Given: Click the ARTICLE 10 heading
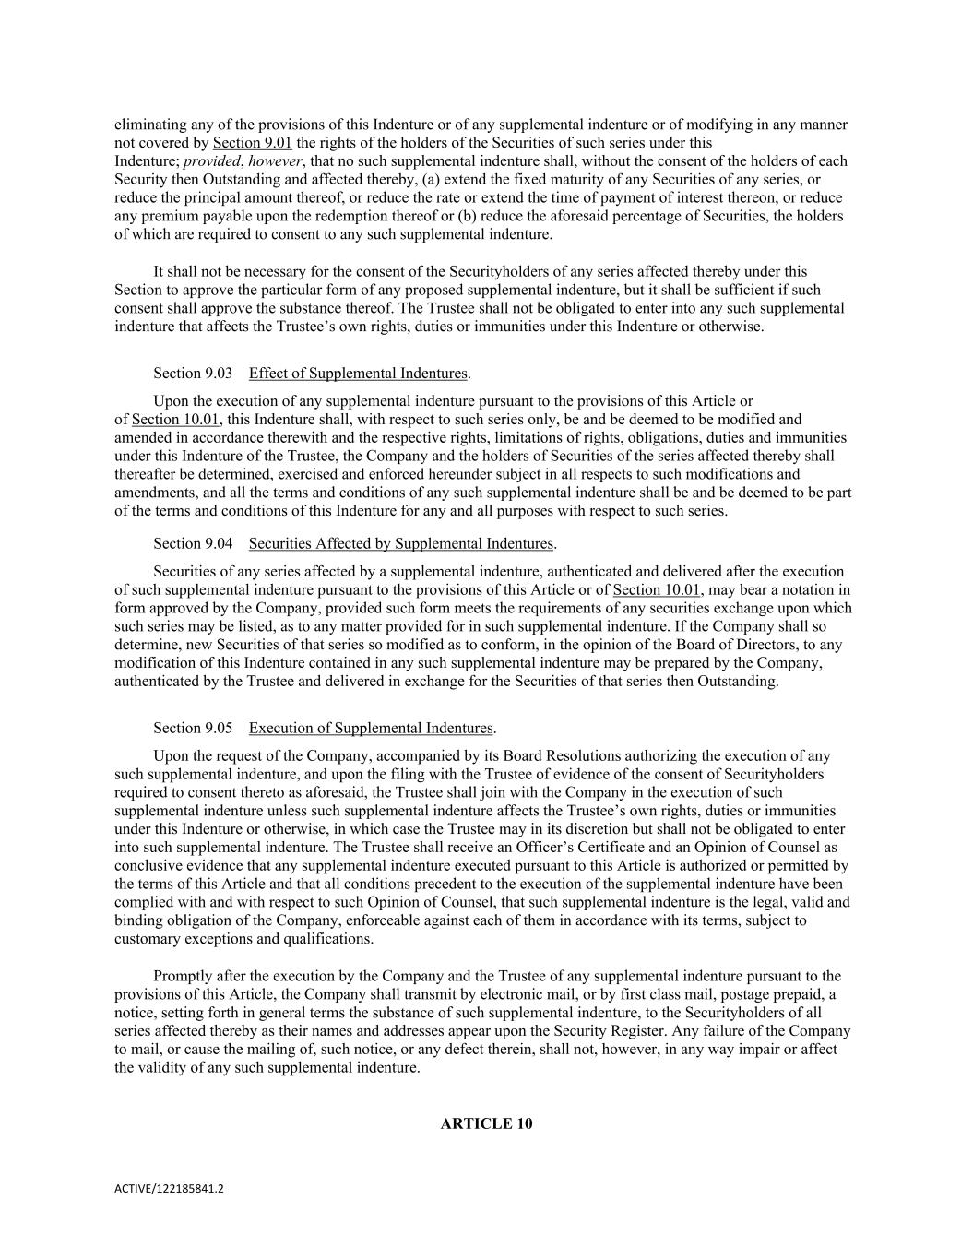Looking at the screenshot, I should point(486,1123).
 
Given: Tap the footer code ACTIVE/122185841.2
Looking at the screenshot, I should point(169,1189).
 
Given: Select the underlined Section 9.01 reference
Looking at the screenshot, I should point(252,143).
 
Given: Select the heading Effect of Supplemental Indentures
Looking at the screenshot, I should point(358,374).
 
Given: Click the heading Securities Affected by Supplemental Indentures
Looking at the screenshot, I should point(401,544).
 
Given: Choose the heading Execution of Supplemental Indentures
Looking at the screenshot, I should point(371,729).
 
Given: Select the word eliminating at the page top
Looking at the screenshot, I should point(148,125).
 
